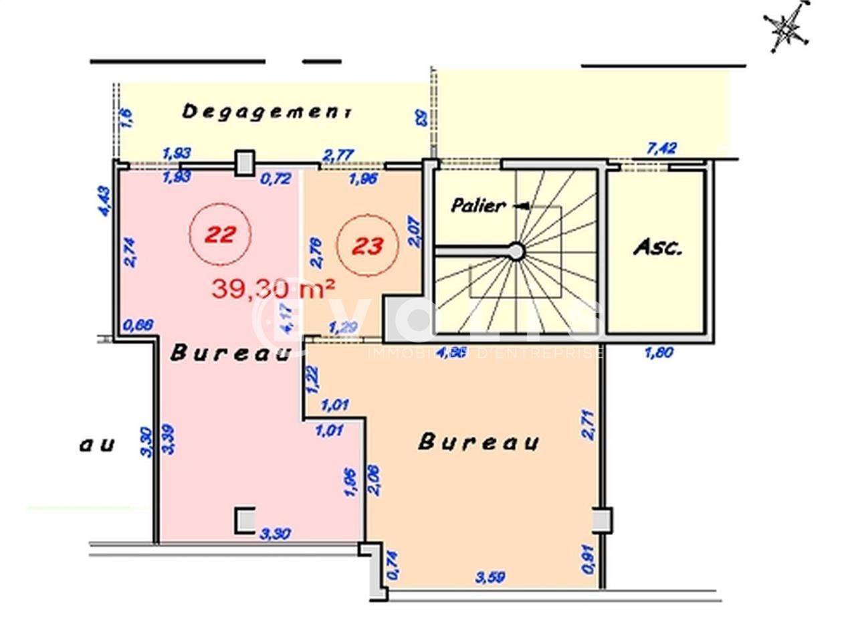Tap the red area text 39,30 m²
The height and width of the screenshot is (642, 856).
pos(273,289)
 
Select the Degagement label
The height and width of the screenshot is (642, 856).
pos(267,112)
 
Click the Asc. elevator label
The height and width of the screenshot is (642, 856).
pos(657,248)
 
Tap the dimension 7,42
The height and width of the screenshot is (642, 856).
pos(662,148)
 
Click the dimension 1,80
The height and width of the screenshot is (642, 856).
pos(659,352)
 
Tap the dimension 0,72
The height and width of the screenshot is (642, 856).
pos(275,179)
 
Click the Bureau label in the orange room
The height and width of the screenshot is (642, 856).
pos(479,442)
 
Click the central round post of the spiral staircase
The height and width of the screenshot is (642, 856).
pos(516,251)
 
